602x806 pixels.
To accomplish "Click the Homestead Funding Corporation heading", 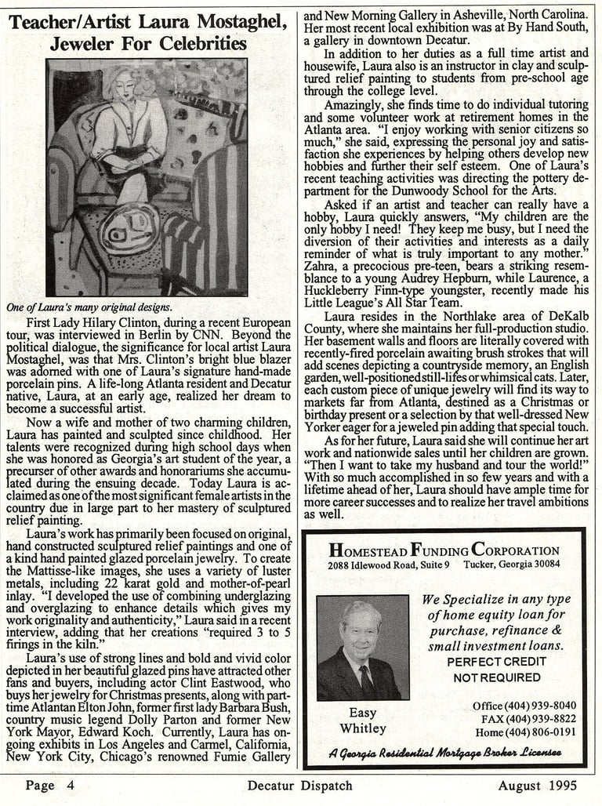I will tap(444, 550).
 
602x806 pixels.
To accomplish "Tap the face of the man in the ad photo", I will tap(361, 630).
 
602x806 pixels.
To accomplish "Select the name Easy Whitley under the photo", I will tap(362, 721).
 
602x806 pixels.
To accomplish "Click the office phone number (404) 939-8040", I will tap(524, 705).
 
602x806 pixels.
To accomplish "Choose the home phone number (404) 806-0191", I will tap(525, 732).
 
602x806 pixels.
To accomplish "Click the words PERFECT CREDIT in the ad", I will tap(496, 662).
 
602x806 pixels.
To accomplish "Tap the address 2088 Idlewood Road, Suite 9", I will tap(389, 564).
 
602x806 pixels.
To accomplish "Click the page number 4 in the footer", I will tap(71, 785).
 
